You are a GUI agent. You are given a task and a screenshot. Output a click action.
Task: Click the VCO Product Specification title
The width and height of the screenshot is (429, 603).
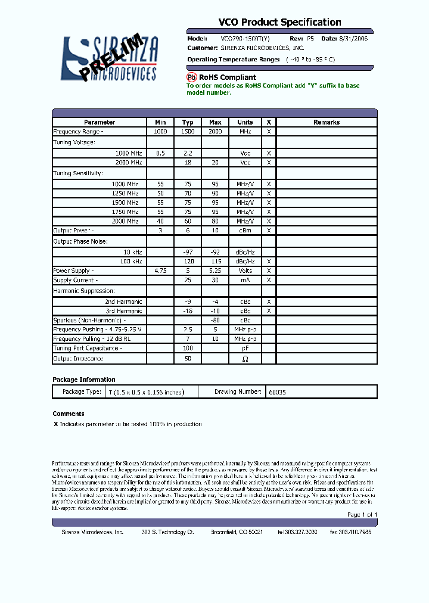click(x=279, y=23)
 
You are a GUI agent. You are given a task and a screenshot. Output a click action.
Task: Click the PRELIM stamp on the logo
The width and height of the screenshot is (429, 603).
click(x=113, y=57)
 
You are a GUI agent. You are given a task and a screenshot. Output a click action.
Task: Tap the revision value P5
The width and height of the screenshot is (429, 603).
click(x=310, y=38)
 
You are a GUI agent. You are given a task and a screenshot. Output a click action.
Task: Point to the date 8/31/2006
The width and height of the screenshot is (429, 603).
click(x=353, y=38)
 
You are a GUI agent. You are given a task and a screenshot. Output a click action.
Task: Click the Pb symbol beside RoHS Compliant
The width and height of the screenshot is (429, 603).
click(x=192, y=77)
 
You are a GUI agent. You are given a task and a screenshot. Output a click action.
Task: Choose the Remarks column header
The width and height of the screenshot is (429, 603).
click(x=327, y=122)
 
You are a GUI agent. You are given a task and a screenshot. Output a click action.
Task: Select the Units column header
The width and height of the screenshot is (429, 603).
click(x=245, y=122)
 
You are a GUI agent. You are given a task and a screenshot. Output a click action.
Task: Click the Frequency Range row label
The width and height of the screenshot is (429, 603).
click(x=78, y=132)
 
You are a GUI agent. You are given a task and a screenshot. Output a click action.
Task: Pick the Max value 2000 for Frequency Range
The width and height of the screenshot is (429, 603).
click(x=215, y=132)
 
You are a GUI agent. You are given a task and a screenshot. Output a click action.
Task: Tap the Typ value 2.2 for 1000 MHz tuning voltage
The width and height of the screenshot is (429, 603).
click(x=188, y=153)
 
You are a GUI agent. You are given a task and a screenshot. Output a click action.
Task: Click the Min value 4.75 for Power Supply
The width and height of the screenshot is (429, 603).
click(x=160, y=271)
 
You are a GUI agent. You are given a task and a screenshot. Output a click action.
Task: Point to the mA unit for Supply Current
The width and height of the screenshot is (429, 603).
click(x=245, y=280)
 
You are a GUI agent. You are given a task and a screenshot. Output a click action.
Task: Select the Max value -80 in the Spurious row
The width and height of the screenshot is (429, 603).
click(x=215, y=320)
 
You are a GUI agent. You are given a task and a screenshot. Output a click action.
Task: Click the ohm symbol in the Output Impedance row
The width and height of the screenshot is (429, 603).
click(x=245, y=359)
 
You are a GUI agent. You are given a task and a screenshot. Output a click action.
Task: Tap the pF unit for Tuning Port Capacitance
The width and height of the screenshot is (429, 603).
click(x=245, y=348)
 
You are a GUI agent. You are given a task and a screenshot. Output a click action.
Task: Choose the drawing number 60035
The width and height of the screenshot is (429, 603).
click(x=277, y=392)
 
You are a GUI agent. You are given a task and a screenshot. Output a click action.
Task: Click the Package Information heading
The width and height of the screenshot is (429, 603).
click(x=84, y=380)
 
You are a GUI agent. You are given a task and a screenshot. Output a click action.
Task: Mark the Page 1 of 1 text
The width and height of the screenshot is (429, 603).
click(x=362, y=514)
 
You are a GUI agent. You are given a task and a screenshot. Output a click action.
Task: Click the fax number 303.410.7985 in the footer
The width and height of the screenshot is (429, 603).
click(x=350, y=531)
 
